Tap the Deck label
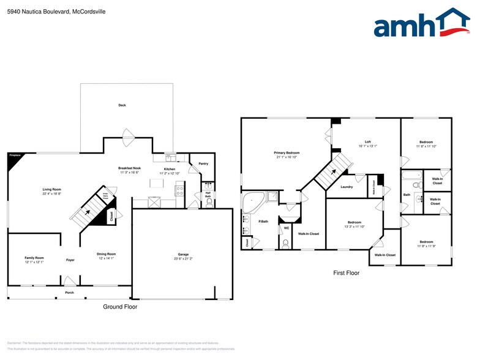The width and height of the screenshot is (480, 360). click(122, 105)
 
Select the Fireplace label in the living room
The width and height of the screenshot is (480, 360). click(15, 156)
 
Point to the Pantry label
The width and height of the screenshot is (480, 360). click(203, 163)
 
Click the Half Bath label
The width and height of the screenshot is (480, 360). click(208, 195)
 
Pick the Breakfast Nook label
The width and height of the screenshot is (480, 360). click(129, 168)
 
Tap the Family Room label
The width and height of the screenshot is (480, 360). click(34, 258)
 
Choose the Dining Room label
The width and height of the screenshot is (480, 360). click(106, 253)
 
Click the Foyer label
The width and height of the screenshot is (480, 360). click(70, 260)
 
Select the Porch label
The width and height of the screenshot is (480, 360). click(70, 293)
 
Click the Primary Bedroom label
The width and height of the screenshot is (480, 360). click(287, 152)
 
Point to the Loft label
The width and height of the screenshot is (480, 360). click(367, 141)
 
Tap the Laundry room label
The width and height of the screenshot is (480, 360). click(347, 187)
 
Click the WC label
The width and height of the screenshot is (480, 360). click(286, 228)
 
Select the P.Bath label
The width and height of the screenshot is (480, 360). click(263, 221)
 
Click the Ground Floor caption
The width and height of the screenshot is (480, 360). click(120, 307)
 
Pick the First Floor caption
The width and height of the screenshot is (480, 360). click(347, 273)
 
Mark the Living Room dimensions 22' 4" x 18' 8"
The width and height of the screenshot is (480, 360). click(51, 194)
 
